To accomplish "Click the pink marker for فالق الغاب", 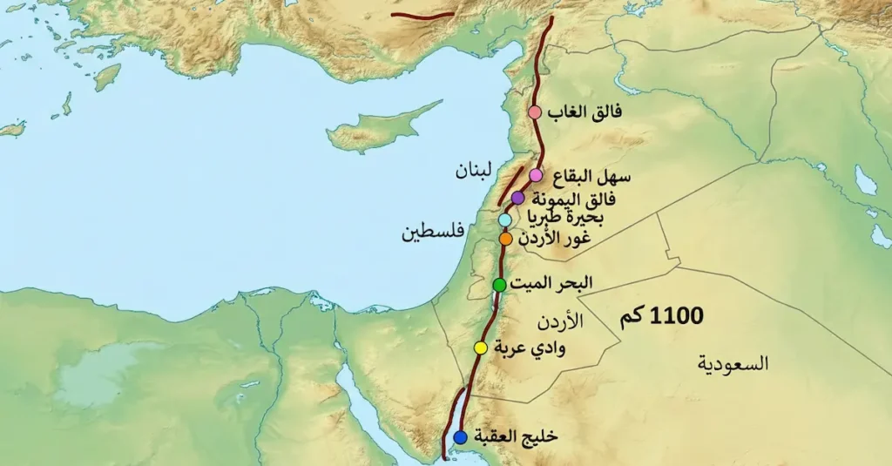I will (x=535, y=112).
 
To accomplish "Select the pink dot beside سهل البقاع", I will (x=536, y=175).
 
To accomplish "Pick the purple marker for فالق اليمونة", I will (x=518, y=198).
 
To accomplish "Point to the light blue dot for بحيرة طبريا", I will (x=505, y=219).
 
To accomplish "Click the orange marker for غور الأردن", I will (x=505, y=238).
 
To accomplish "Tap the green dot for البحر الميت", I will (x=499, y=285).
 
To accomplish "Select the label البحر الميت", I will (x=552, y=283).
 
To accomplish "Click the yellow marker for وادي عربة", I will (x=480, y=348).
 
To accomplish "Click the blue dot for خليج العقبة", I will (x=460, y=436).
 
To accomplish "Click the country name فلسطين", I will (x=431, y=233).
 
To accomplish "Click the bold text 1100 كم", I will (x=662, y=316).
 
